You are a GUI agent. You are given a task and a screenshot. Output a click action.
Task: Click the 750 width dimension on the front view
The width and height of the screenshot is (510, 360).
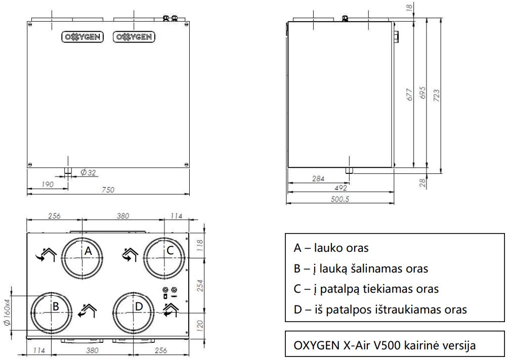point(108,190)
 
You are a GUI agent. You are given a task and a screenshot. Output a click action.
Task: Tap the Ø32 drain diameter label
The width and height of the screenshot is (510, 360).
point(89,172)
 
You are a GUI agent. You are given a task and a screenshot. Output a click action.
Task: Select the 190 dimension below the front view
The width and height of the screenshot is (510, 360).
point(48,184)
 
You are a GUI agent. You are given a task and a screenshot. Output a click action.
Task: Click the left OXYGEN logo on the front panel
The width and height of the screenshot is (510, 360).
point(82,37)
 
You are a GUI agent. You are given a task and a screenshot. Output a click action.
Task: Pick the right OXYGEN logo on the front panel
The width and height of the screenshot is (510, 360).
point(134,37)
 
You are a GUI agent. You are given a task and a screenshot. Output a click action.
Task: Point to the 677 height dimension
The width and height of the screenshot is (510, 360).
point(410,94)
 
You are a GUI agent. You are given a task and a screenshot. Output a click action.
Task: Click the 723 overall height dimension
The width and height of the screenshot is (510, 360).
point(437,96)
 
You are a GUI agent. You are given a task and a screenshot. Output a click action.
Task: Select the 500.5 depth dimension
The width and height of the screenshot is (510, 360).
point(340,199)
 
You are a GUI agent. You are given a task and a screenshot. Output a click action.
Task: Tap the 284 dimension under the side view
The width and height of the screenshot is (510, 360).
point(318,178)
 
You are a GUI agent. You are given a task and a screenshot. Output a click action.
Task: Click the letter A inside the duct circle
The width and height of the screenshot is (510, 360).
point(88,251)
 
